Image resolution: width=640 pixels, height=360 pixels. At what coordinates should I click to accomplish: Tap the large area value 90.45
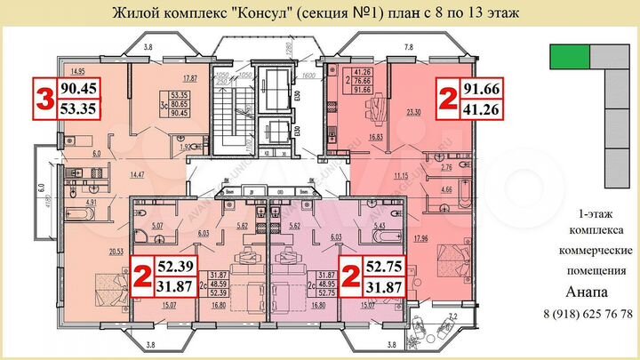point(79,88)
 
